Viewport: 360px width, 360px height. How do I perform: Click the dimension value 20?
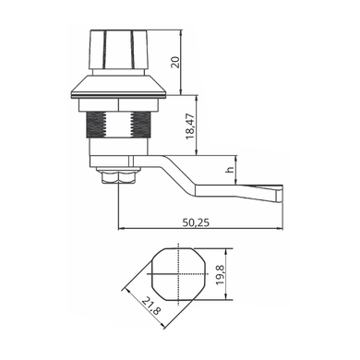tap(175, 62)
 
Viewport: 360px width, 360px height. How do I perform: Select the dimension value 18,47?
tap(190, 126)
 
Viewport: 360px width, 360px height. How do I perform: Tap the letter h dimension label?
tap(230, 170)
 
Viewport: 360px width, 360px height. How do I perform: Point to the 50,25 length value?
tap(196, 222)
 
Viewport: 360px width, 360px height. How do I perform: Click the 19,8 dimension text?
tap(221, 275)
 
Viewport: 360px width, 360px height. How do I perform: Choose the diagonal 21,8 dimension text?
tap(151, 306)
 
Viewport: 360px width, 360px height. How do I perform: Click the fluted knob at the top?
tap(119, 50)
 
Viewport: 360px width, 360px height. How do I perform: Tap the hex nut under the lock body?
tap(118, 176)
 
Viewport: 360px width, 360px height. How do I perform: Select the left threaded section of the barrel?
tap(96, 125)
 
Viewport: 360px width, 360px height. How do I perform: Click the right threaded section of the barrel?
tap(141, 125)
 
